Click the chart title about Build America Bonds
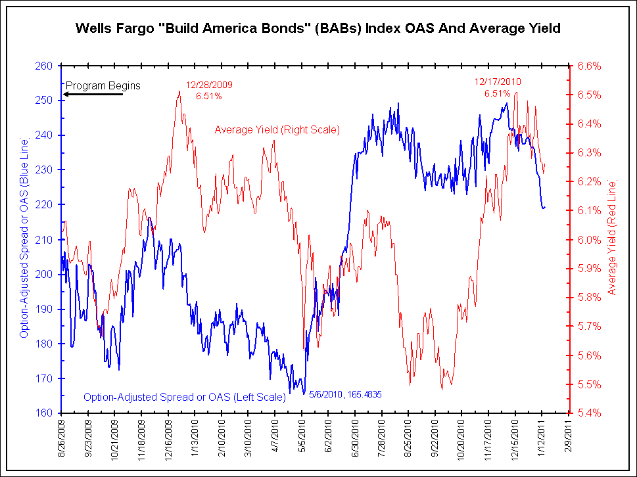point(318,28)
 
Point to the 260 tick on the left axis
point(45,66)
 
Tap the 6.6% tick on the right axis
point(590,66)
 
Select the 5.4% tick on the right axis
point(590,413)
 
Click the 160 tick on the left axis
point(45,413)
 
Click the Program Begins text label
point(103,85)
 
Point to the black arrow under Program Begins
point(93,95)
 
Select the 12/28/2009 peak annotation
point(209,90)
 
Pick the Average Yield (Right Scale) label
point(277,130)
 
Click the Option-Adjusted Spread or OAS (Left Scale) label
point(184,397)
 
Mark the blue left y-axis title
point(24,238)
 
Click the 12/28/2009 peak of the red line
point(179,91)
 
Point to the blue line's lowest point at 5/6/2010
point(304,394)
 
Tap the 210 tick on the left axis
point(45,239)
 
